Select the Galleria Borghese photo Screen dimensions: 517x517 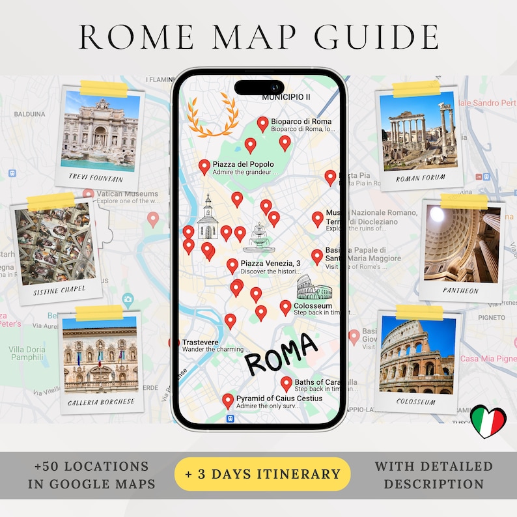click(x=100, y=356)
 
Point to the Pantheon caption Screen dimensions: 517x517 click(x=460, y=291)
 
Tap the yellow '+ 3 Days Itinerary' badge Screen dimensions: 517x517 click(x=262, y=473)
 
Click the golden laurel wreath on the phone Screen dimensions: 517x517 click(x=210, y=115)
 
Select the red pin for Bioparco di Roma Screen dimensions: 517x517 click(x=262, y=124)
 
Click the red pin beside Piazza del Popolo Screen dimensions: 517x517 click(x=204, y=167)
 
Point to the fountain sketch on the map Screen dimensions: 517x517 click(x=258, y=238)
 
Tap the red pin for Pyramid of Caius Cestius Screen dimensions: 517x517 click(x=227, y=401)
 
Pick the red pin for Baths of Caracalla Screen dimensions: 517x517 click(x=286, y=384)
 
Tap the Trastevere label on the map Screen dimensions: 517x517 click(x=201, y=342)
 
